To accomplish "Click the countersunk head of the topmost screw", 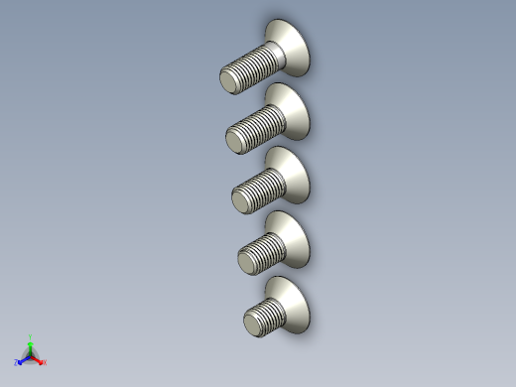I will coord(290,47).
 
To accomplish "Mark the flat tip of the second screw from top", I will coord(234,142).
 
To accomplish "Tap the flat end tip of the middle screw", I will coord(240,202).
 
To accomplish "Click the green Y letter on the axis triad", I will coord(31,336).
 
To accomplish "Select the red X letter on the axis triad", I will coord(45,362).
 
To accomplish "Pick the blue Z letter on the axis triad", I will coord(17,363).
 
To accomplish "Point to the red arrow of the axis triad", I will coord(39,359).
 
